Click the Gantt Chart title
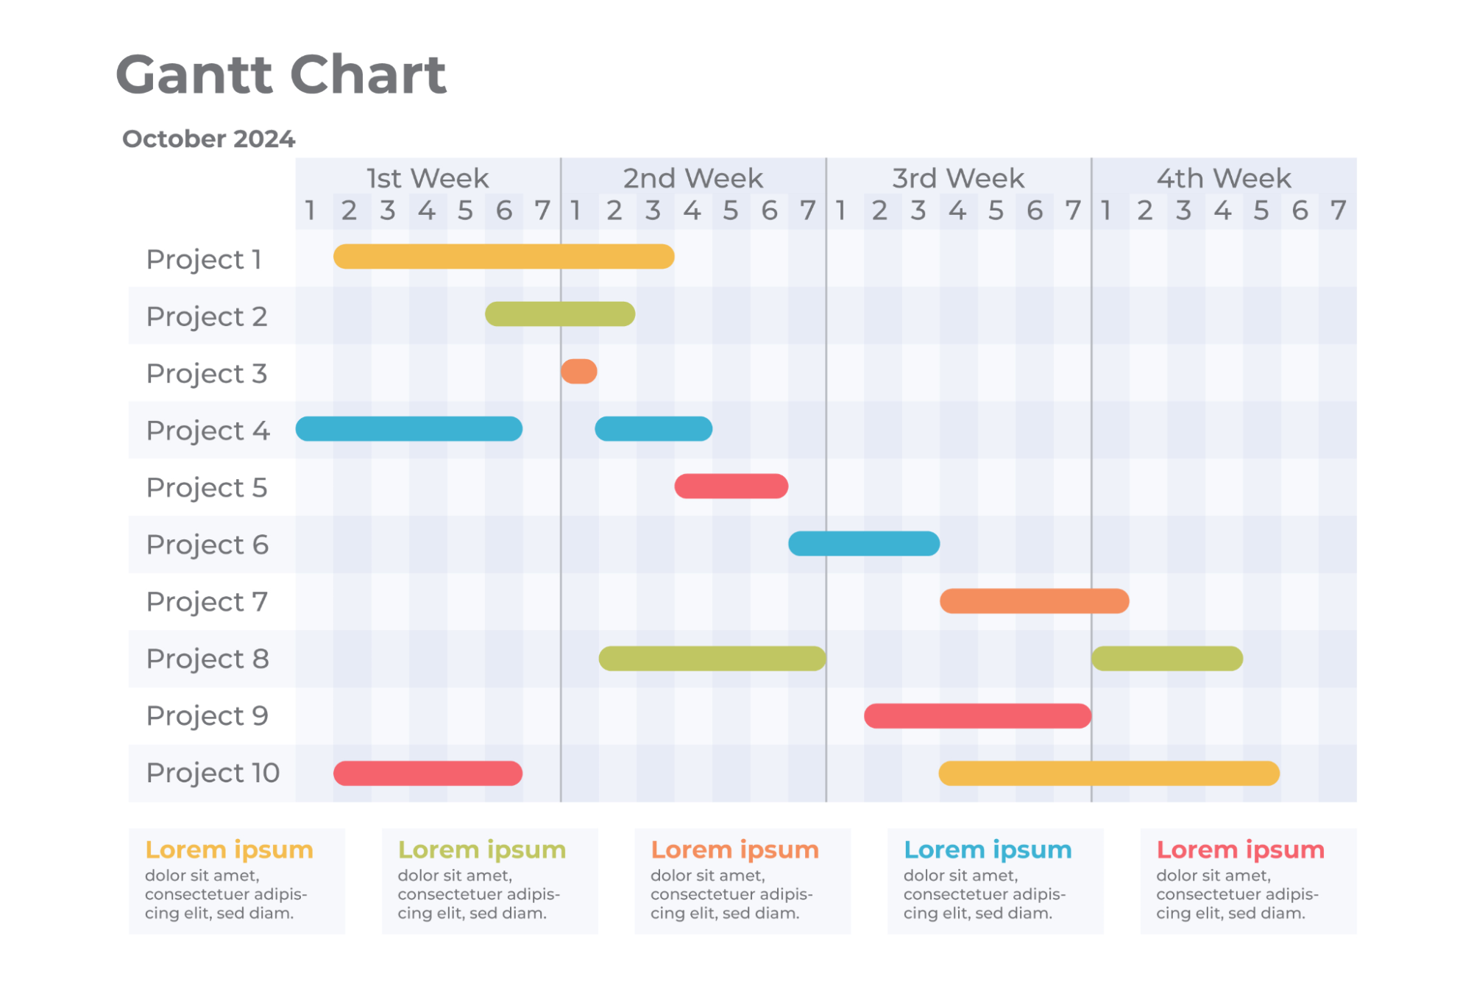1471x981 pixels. [x=281, y=74]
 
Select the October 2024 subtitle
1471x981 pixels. [x=208, y=138]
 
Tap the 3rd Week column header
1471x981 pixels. [x=958, y=178]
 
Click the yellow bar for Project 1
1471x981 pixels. [x=503, y=256]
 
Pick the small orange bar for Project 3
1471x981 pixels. [x=579, y=371]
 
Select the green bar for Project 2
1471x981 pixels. [x=560, y=314]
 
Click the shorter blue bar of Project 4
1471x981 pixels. [x=653, y=428]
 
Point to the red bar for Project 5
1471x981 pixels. [x=731, y=486]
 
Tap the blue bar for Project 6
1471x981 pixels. [x=864, y=543]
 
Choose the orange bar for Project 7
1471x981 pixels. [x=1034, y=601]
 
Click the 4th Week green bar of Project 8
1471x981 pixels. [x=1167, y=658]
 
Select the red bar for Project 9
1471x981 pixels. [x=977, y=715]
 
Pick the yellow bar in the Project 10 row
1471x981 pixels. [x=1109, y=773]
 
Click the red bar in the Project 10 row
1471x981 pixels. [x=428, y=773]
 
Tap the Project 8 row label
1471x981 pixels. [x=208, y=659]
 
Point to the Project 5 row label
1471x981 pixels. [x=207, y=487]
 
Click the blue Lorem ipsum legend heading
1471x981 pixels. [x=988, y=849]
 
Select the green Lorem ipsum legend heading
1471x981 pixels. [x=482, y=849]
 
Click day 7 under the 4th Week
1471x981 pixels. [x=1338, y=211]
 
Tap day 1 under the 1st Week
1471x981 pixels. [x=311, y=211]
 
